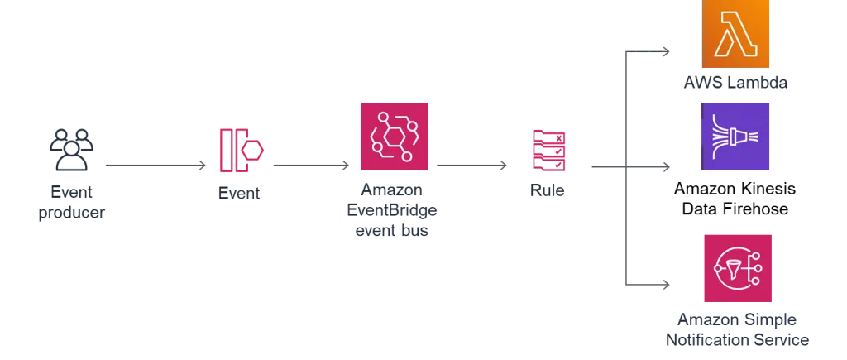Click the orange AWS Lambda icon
click(736, 34)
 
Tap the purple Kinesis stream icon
click(736, 136)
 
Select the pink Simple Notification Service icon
click(737, 267)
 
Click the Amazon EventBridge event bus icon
click(393, 136)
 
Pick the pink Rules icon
click(548, 150)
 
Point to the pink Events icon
click(241, 152)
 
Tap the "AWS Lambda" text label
click(735, 83)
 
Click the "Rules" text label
click(548, 192)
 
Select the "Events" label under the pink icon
click(241, 194)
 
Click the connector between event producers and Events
click(158, 166)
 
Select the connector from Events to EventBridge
click(309, 166)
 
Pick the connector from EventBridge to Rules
click(472, 166)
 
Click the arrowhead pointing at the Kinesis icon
click(667, 170)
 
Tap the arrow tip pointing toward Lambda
click(668, 55)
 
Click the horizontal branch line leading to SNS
click(649, 286)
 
